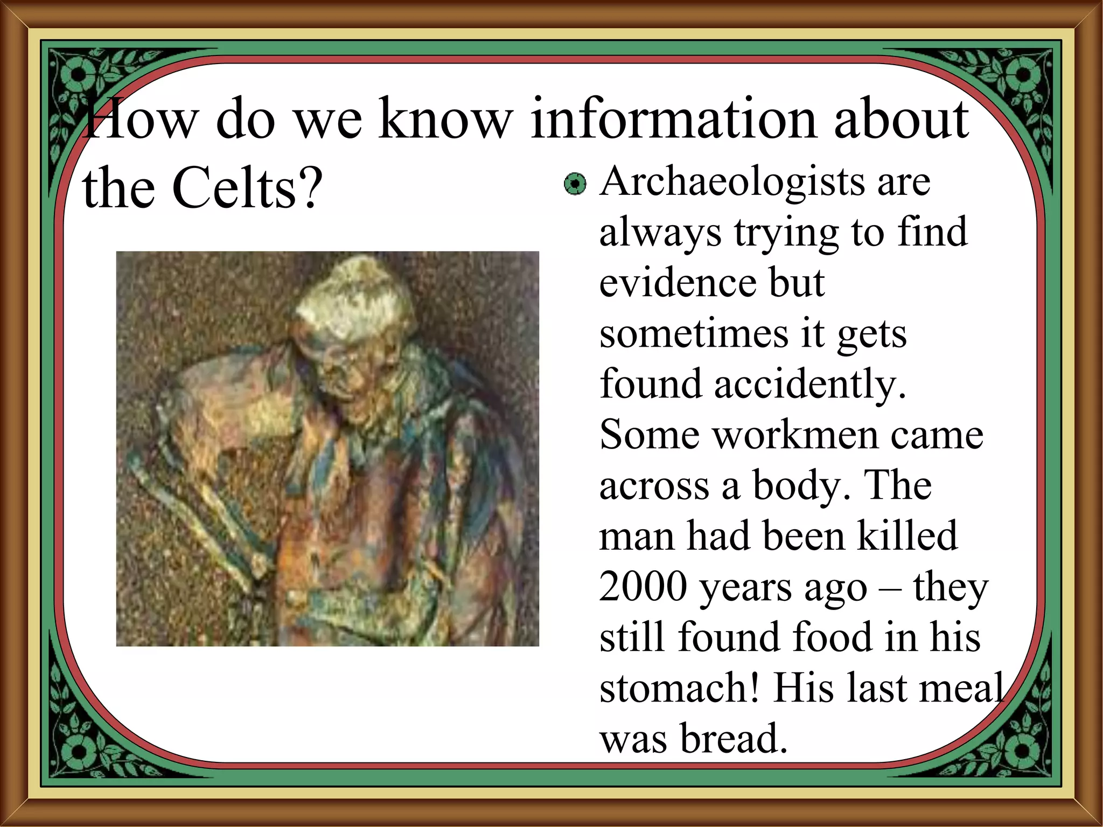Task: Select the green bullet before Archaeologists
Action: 575,185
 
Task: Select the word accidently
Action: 810,384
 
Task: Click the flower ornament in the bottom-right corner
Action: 1023,752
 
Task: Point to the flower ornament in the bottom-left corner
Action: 79,752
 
